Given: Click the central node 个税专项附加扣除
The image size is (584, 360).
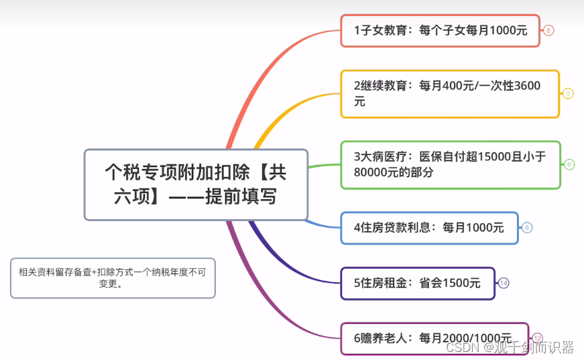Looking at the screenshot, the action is tap(196, 184).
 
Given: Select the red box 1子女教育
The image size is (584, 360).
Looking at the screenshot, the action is tap(440, 30).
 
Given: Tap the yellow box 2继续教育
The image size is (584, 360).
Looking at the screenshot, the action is tap(449, 94).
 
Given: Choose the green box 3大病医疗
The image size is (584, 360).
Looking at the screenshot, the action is tap(450, 164).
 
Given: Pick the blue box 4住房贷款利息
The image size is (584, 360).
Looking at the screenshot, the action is tap(429, 228).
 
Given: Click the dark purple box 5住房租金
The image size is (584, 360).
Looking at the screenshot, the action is tap(417, 283).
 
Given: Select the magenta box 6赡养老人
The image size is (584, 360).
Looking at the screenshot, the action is tap(434, 338).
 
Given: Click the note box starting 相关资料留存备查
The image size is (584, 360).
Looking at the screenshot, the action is tap(113, 278).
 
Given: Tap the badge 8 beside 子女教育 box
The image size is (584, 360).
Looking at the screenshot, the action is tap(548, 30).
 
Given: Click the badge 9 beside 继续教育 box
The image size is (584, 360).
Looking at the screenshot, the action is tap(568, 94).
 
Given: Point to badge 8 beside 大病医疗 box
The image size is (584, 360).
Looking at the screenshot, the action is tap(569, 164).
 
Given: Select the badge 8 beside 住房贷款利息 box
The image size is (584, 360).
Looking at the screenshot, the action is tap(527, 228).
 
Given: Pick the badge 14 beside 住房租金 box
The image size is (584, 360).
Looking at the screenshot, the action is tap(504, 283).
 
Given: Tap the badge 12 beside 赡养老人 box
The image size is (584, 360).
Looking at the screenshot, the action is tap(537, 338).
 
